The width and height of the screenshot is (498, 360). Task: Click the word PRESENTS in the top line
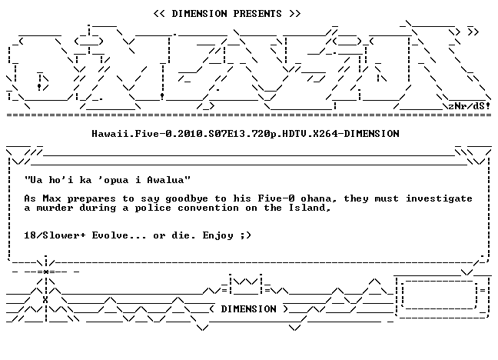click(x=257, y=14)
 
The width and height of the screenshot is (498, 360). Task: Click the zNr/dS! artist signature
click(x=469, y=106)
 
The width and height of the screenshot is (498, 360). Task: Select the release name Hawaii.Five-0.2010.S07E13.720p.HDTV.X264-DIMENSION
click(x=245, y=134)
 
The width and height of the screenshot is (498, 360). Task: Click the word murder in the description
click(x=55, y=208)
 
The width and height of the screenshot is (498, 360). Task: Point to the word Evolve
click(x=110, y=235)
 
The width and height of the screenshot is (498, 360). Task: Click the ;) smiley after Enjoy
click(x=245, y=235)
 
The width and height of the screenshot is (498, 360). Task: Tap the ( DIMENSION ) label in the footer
click(x=249, y=308)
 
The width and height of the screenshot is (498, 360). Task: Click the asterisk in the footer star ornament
click(x=46, y=272)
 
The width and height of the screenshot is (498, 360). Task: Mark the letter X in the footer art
click(x=45, y=299)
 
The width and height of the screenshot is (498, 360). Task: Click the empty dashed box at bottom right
click(x=440, y=295)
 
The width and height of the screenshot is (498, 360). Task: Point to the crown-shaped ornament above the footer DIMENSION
click(x=245, y=284)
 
